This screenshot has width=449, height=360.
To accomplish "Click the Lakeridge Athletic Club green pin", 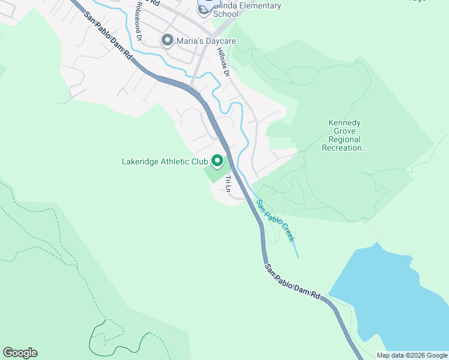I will (x=217, y=161).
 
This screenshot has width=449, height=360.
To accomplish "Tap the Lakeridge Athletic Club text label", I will (x=164, y=161).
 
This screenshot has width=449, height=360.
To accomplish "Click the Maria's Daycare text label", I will (x=206, y=41).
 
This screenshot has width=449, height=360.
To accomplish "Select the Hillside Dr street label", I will (x=223, y=62).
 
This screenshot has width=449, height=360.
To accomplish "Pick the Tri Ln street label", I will (x=228, y=184).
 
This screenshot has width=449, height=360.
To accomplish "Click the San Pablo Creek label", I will (x=276, y=221).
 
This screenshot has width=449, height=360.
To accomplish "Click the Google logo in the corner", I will (x=20, y=353).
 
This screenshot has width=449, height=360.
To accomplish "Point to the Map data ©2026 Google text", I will (x=412, y=355).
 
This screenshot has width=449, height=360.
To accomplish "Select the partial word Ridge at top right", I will (x=415, y=1).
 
